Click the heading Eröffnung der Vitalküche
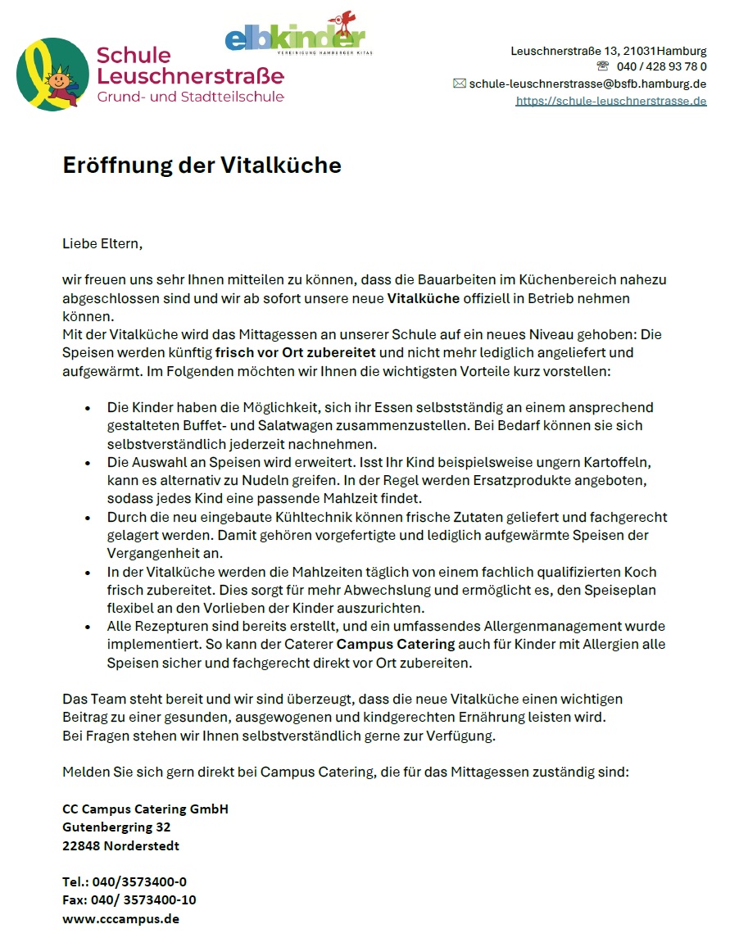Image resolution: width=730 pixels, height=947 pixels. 202,165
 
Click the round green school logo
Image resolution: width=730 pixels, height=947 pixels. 52,75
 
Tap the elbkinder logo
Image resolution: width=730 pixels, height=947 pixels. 295,37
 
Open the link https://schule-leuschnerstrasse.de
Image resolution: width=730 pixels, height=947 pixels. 610,101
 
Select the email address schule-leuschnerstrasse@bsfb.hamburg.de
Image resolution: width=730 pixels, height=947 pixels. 587,84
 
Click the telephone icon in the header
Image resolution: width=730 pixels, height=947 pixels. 603,66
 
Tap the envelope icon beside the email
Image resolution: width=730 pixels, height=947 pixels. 459,84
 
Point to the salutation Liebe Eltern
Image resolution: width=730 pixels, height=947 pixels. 102,243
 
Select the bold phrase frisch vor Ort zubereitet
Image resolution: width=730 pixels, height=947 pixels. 295,353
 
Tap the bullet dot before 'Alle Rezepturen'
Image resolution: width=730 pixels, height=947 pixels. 88,627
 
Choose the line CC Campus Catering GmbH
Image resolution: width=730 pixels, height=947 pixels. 145,809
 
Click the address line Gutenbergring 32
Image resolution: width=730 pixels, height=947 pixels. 116,827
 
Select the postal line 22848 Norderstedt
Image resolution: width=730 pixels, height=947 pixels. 120,845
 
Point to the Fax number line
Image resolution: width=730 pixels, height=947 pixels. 129,899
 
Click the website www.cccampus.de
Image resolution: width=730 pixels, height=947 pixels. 120,918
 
